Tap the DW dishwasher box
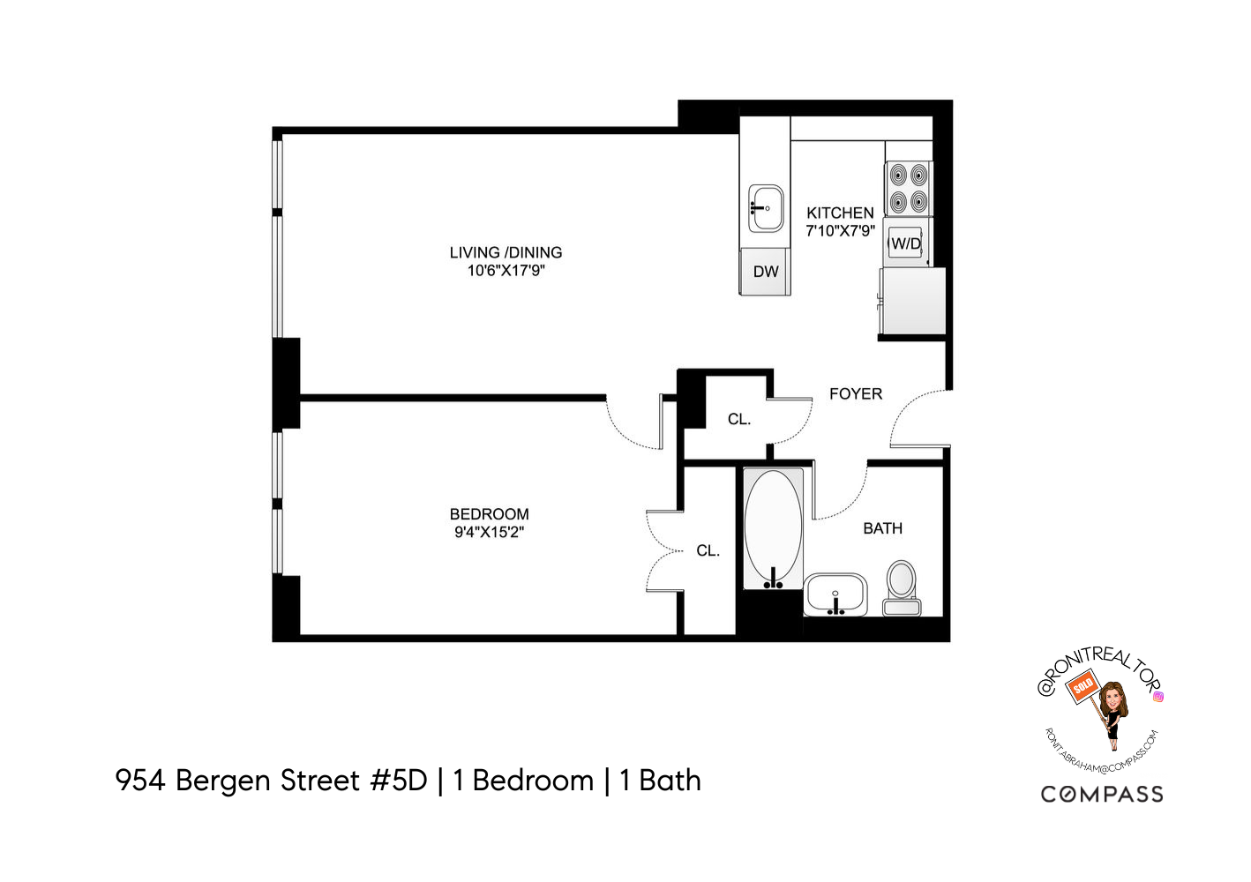click(x=765, y=272)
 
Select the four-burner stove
click(x=908, y=188)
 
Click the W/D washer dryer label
click(x=906, y=243)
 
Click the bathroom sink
click(x=835, y=594)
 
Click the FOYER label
click(x=855, y=394)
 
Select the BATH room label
click(x=882, y=528)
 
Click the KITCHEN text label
click(x=840, y=213)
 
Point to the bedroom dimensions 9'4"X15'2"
click(x=489, y=532)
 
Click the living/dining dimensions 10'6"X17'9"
click(x=506, y=271)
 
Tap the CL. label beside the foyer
click(x=739, y=420)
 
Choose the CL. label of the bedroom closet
click(x=708, y=550)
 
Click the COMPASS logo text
click(x=1102, y=795)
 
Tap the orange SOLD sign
click(x=1082, y=685)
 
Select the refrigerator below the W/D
click(x=912, y=301)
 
